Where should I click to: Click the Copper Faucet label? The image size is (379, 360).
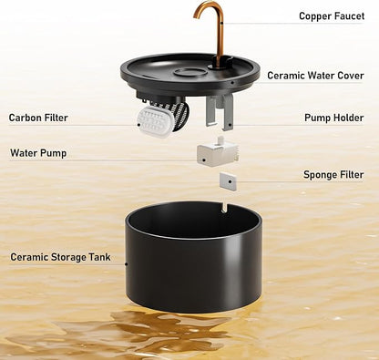coord(332,16)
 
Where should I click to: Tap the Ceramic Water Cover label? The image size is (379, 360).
coord(315,76)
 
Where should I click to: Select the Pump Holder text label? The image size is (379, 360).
coord(334,118)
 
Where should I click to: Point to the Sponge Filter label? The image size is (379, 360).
coord(333,175)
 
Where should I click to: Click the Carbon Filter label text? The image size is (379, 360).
coord(38,118)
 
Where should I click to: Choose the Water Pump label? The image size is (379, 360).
coord(38,153)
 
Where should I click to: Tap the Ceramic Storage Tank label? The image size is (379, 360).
coord(60,257)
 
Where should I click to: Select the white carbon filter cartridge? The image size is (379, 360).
coord(156,121)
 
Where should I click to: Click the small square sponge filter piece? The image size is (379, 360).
coord(228,181)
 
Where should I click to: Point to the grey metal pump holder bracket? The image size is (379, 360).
coord(220,110)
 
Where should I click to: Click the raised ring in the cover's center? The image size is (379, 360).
coord(191,72)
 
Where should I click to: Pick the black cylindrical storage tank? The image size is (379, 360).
coord(193,257)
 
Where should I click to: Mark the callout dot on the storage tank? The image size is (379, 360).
coord(127,264)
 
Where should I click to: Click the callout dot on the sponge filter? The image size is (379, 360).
coord(230,181)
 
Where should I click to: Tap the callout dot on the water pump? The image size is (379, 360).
coord(204,159)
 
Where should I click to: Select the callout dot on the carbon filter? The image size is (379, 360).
coord(138,124)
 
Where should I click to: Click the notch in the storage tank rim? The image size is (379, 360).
coord(223,208)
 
